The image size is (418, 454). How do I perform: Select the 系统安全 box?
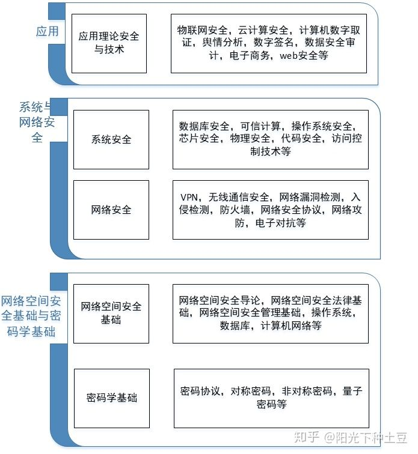coord(111,139)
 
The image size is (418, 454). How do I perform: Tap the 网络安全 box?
coord(111,210)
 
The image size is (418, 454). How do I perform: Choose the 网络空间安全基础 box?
coord(111,313)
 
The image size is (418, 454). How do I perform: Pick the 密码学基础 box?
coord(111,398)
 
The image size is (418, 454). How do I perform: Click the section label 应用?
coord(48,31)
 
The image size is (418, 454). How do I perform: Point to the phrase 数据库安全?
coord(204,126)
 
